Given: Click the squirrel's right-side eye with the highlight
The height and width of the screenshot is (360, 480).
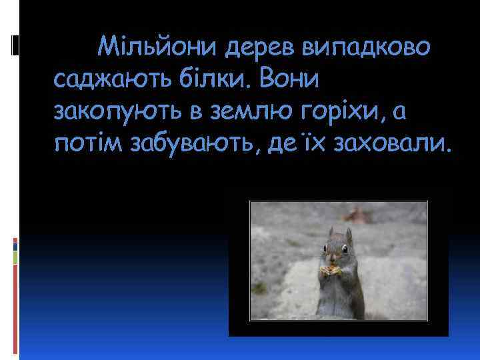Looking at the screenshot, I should [x=344, y=249].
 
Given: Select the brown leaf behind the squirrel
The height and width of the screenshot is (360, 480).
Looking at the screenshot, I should [x=364, y=215].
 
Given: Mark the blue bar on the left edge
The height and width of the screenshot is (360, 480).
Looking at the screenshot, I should [x=15, y=245].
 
